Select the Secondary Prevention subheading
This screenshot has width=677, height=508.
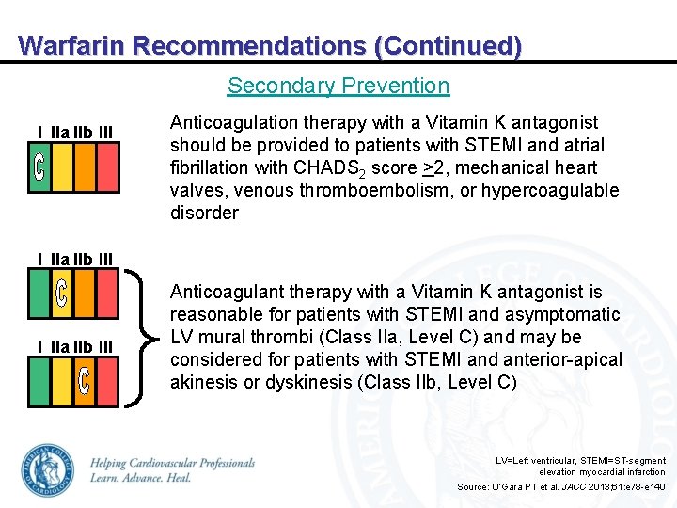338,86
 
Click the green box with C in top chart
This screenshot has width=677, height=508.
39,167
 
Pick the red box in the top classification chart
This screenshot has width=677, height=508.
106,167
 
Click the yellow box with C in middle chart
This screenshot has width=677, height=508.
61,293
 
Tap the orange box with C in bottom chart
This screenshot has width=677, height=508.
84,381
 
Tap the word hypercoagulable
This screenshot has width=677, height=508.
556,190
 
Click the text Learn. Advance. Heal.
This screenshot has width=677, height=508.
141,478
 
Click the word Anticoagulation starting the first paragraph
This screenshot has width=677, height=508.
227,122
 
